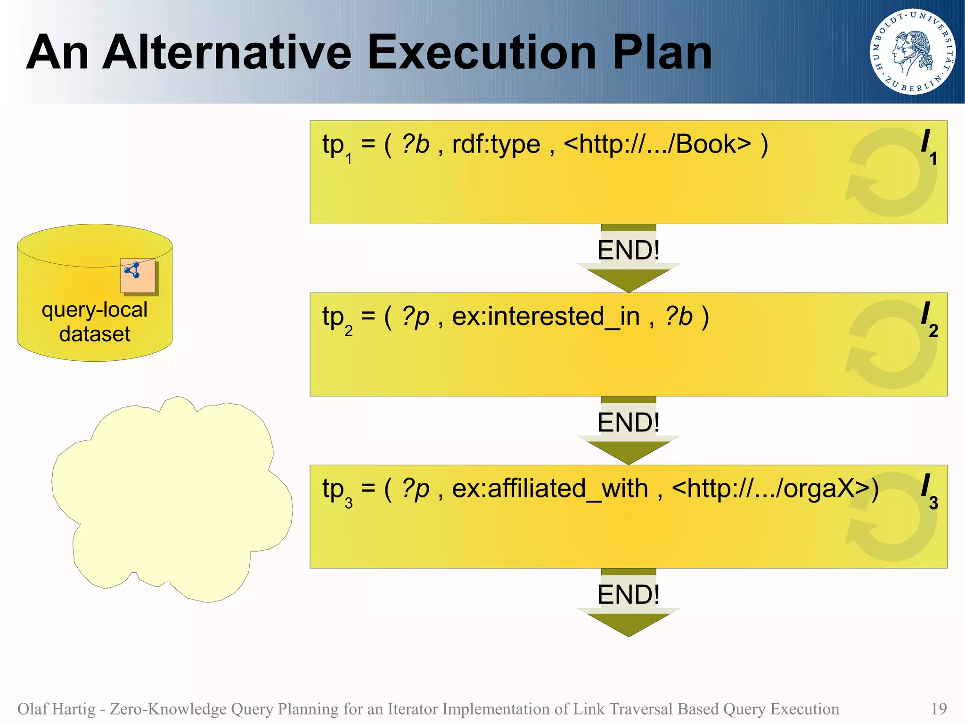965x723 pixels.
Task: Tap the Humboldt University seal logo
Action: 912,52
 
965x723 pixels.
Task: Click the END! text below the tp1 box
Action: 628,250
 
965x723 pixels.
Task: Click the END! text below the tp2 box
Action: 628,422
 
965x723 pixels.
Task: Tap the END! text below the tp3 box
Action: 628,594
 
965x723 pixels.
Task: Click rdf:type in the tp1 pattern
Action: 496,144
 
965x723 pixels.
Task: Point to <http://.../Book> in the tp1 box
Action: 657,144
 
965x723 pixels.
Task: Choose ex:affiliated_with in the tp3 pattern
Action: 550,488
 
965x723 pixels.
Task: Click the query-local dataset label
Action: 95,322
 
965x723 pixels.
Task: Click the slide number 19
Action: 939,709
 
